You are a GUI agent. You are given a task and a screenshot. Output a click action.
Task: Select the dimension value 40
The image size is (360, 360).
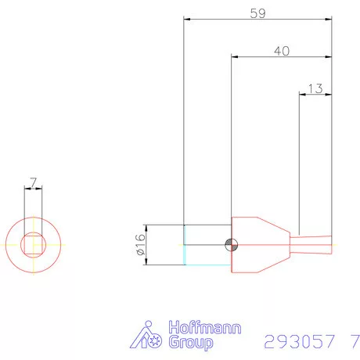tap(283, 49)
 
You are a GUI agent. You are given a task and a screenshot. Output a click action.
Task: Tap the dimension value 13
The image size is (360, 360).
tap(315, 88)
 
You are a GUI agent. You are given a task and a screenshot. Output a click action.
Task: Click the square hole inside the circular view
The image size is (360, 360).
tap(33, 245)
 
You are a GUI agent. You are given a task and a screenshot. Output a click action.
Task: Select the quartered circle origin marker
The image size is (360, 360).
tap(229, 245)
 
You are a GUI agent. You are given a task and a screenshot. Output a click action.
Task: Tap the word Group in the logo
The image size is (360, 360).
tap(190, 344)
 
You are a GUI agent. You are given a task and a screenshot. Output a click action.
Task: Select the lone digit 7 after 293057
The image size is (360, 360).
tap(355, 342)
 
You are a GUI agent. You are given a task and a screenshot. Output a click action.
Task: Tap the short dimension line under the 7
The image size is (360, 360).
tap(33, 189)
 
